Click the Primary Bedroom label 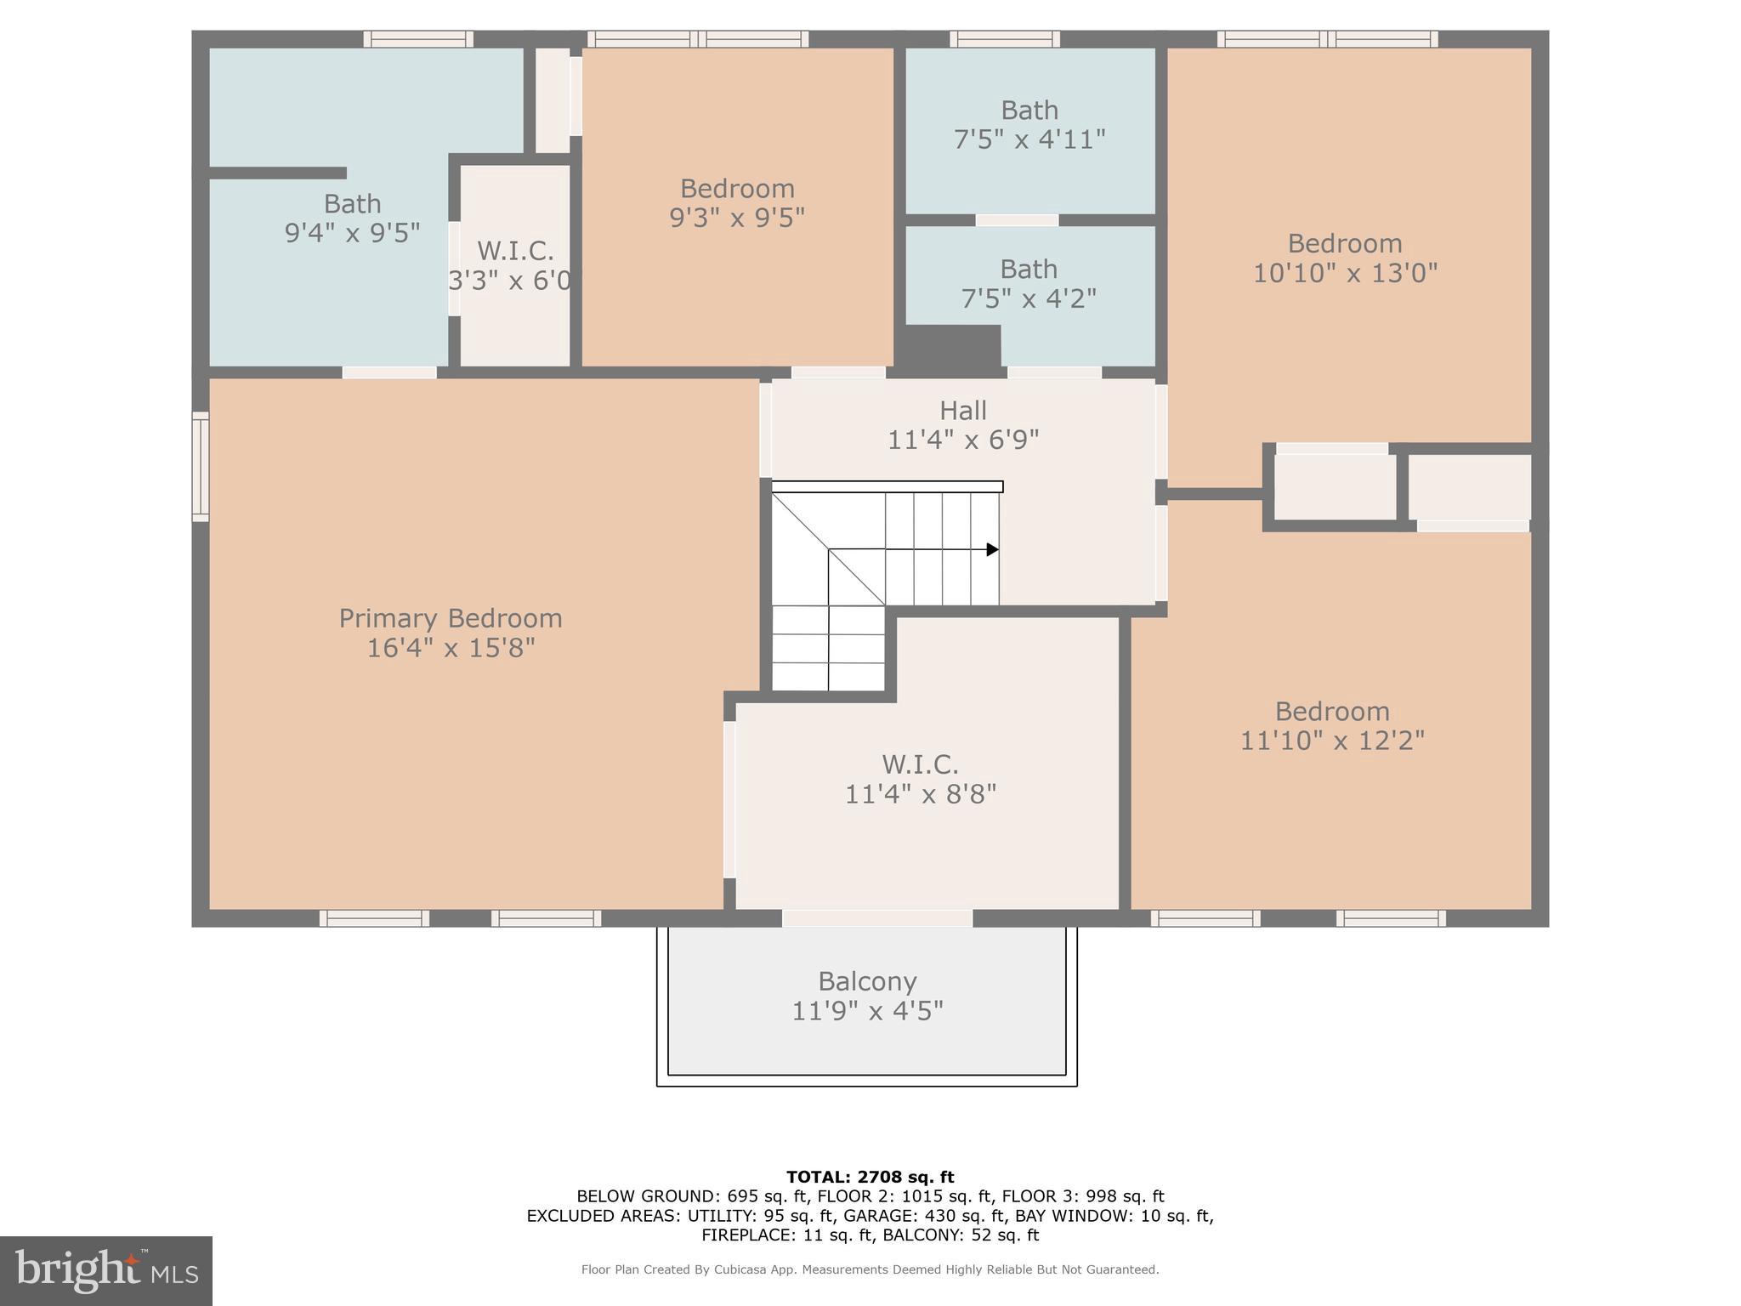point(451,618)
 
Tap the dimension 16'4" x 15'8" point(451,648)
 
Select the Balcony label point(867,981)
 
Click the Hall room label point(962,411)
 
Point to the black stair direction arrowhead point(992,550)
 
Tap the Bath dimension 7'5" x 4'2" point(1029,298)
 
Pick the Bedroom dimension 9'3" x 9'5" point(737,218)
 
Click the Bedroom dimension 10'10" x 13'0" point(1345,273)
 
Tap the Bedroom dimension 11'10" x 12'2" point(1332,741)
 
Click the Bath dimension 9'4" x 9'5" point(352,232)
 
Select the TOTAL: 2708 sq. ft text point(870,1177)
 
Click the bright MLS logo point(105,1270)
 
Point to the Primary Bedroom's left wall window point(201,466)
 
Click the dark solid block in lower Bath point(950,347)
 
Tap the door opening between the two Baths point(1017,220)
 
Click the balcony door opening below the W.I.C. point(876,918)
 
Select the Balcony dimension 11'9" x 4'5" point(867,1011)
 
